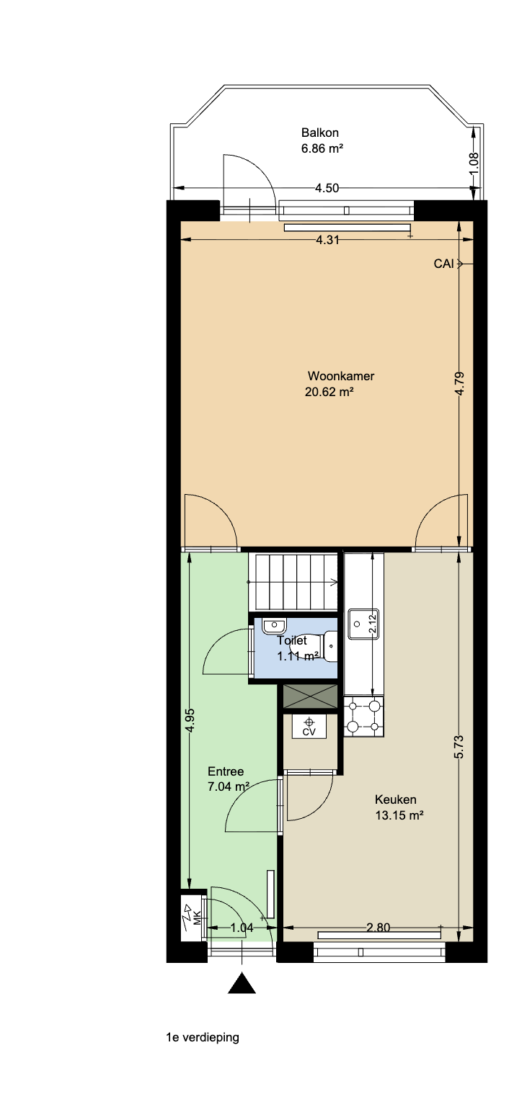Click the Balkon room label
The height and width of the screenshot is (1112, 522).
tap(319, 133)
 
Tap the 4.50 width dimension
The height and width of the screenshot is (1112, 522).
tap(327, 188)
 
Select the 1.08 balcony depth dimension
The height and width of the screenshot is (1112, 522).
tap(474, 162)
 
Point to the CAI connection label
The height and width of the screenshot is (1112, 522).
tap(443, 264)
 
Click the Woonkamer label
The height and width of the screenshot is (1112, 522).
tap(340, 376)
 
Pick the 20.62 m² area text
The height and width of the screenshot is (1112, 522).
tap(329, 392)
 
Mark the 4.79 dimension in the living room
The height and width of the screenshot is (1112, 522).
tap(459, 383)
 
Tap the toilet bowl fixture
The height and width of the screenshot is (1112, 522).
tap(329, 646)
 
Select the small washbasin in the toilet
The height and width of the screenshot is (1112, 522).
tap(273, 624)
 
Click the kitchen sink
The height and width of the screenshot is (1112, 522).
tap(363, 624)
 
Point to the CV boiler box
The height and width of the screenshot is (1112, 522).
tap(309, 726)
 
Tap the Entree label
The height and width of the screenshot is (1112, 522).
tap(226, 771)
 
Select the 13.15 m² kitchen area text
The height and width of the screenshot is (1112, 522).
tap(399, 815)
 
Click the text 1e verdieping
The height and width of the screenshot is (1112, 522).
tap(203, 1037)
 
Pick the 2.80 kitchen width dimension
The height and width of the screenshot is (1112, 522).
tap(378, 927)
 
